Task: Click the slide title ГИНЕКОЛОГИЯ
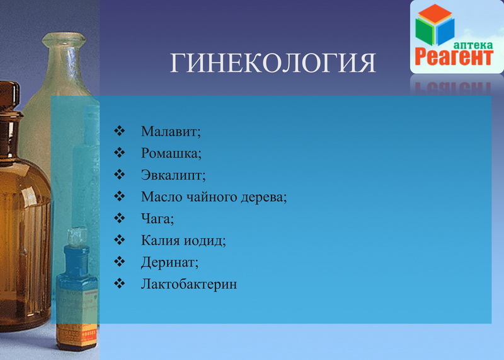pos(273,63)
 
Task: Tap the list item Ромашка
pos(169,153)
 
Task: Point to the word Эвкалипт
pos(171,175)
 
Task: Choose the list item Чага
pos(156,219)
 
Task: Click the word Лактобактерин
pos(188,284)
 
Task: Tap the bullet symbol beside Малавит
pos(119,131)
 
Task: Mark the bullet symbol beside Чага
pos(119,218)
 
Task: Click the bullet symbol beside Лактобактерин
pos(119,283)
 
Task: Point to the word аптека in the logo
pos(473,45)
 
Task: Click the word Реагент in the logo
pos(454,57)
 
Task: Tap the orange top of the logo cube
pos(435,13)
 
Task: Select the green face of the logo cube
pos(424,32)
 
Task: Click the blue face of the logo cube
pos(445,32)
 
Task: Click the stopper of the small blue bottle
pos(76,236)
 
